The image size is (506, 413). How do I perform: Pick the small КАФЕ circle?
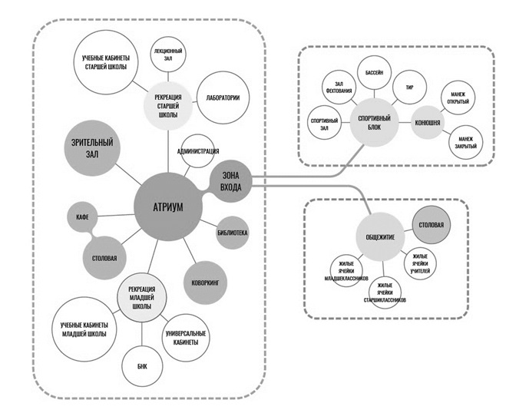[x=81, y=216]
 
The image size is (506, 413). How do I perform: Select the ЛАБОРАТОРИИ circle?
[x=223, y=98]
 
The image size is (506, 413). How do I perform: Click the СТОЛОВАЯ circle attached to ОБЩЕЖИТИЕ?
[x=428, y=225]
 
